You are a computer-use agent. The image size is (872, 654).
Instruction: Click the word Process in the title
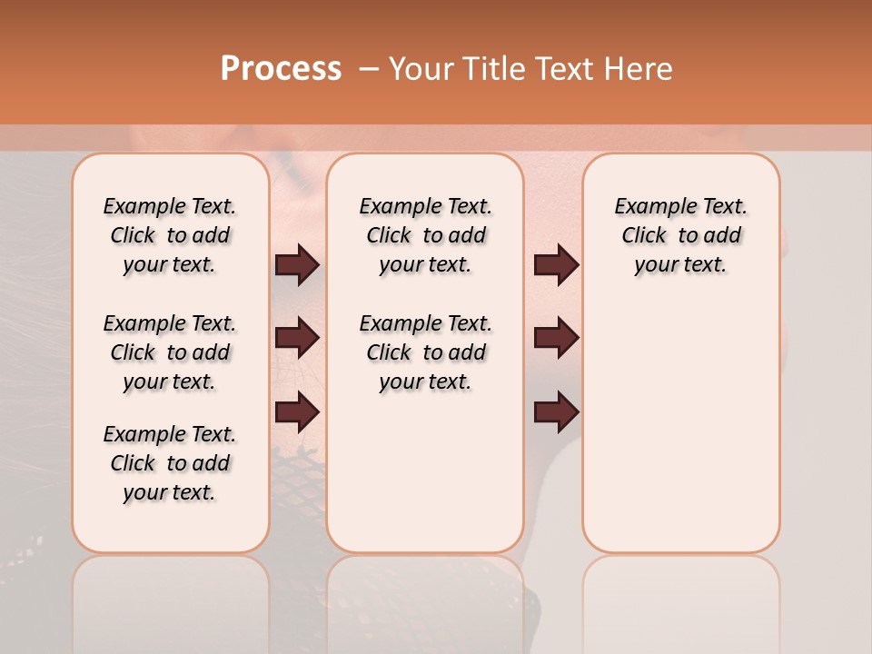[x=281, y=68]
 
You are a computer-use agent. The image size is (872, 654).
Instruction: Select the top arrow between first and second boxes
[x=297, y=264]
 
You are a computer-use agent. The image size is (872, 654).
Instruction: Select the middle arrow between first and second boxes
[x=297, y=339]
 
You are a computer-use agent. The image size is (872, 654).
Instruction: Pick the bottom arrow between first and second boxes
[x=297, y=411]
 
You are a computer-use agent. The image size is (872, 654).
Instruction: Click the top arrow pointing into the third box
[x=556, y=264]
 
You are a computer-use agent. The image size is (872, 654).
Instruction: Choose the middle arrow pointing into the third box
[x=556, y=339]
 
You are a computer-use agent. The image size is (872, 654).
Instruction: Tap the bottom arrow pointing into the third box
[x=556, y=411]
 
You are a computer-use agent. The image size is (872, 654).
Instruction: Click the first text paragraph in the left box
[x=170, y=235]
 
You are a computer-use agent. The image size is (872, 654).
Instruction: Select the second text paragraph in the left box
[x=170, y=352]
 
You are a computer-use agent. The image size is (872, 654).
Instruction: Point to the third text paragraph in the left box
[x=170, y=463]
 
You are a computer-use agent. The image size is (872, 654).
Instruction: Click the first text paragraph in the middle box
[x=425, y=235]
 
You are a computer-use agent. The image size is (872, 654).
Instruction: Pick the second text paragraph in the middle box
[x=425, y=352]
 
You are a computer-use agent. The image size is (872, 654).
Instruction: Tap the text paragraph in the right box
[x=680, y=235]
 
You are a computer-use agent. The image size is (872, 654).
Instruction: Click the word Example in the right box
[x=650, y=207]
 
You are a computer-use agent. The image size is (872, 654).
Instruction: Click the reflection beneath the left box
[x=170, y=599]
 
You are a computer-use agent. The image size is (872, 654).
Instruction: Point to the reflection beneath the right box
[x=680, y=599]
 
